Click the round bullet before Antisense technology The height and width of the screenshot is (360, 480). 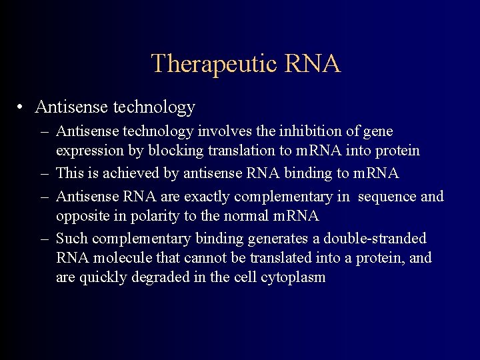point(22,107)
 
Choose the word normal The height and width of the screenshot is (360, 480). point(253,216)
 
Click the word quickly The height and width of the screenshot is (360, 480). point(101,278)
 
